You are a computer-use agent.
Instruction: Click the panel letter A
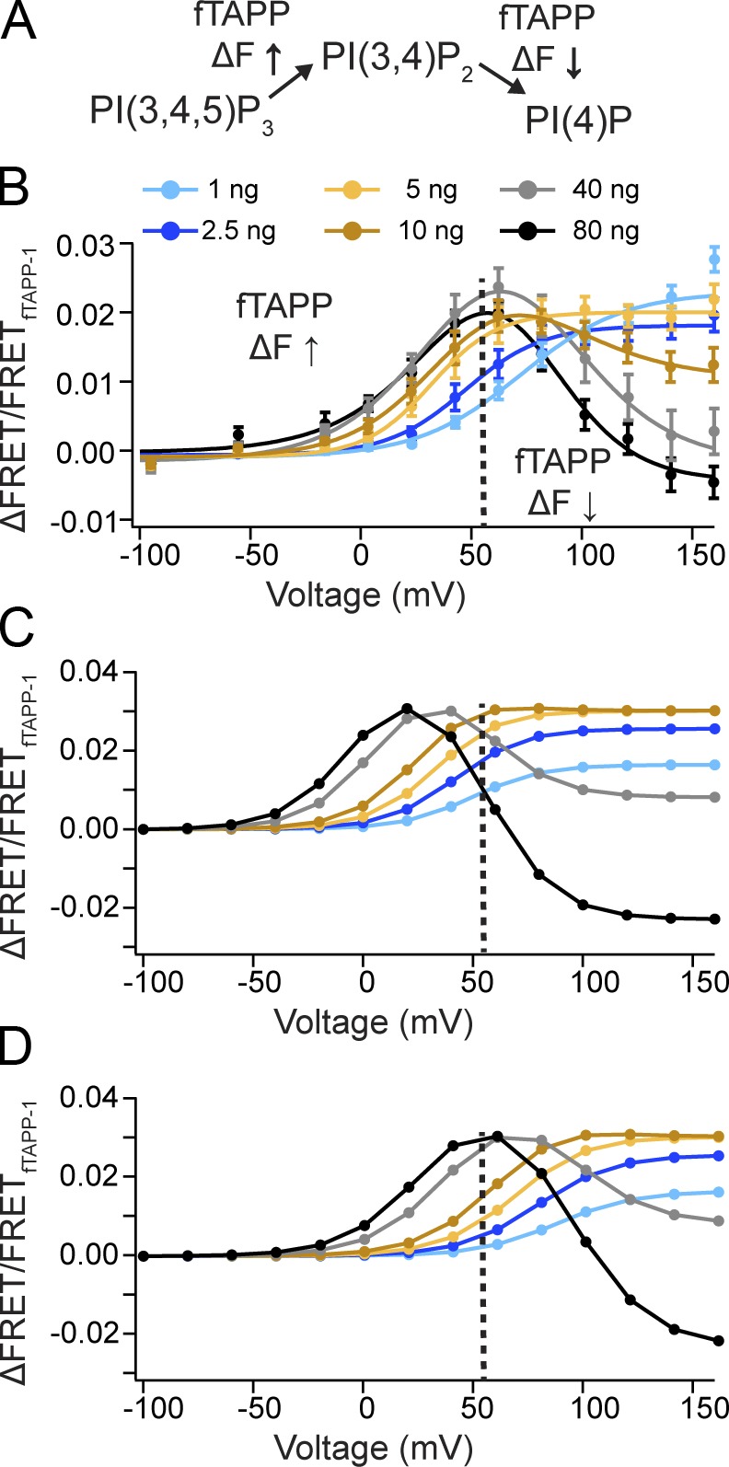[x=19, y=22]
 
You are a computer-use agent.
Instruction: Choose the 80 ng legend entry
[x=571, y=230]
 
